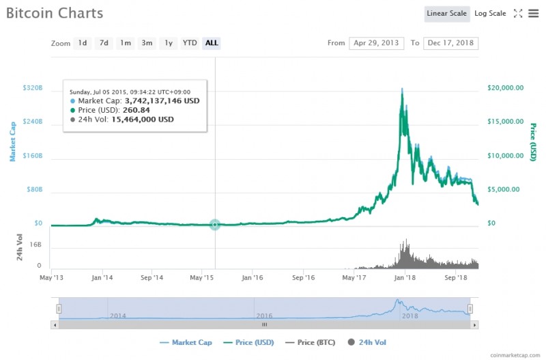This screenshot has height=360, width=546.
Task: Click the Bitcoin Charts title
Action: [55, 13]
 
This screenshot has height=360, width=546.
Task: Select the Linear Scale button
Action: [446, 14]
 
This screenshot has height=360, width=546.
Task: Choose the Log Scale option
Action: [490, 14]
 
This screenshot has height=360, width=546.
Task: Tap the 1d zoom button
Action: [83, 43]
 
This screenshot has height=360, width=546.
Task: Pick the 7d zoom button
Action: [104, 43]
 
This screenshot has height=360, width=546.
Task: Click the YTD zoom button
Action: [190, 43]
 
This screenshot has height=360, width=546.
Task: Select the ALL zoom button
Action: [212, 43]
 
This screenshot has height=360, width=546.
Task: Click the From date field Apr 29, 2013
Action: [377, 43]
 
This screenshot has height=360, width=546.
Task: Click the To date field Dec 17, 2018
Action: [451, 43]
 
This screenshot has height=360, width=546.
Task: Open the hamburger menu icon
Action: [533, 14]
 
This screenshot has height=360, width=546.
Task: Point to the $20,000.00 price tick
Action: [506, 87]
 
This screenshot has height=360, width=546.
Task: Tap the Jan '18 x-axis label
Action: [405, 278]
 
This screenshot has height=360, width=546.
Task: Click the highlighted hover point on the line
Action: [215, 224]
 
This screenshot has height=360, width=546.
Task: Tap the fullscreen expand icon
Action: [518, 14]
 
